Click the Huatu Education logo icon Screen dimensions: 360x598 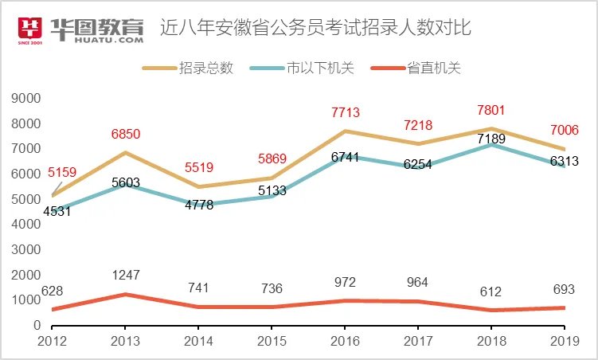[x=31, y=29]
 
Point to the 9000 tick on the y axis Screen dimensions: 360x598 [x=25, y=98]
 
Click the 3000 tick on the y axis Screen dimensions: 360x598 [x=25, y=249]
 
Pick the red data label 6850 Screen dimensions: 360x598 [x=125, y=135]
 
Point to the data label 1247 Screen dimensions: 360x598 [x=125, y=276]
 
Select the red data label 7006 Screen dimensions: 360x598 [x=565, y=131]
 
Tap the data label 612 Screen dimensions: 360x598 [x=491, y=292]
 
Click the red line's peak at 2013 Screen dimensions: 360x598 [x=125, y=294]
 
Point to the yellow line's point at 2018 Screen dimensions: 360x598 [x=491, y=128]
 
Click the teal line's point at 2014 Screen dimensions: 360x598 [x=198, y=205]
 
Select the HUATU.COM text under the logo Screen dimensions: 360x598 [x=97, y=39]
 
